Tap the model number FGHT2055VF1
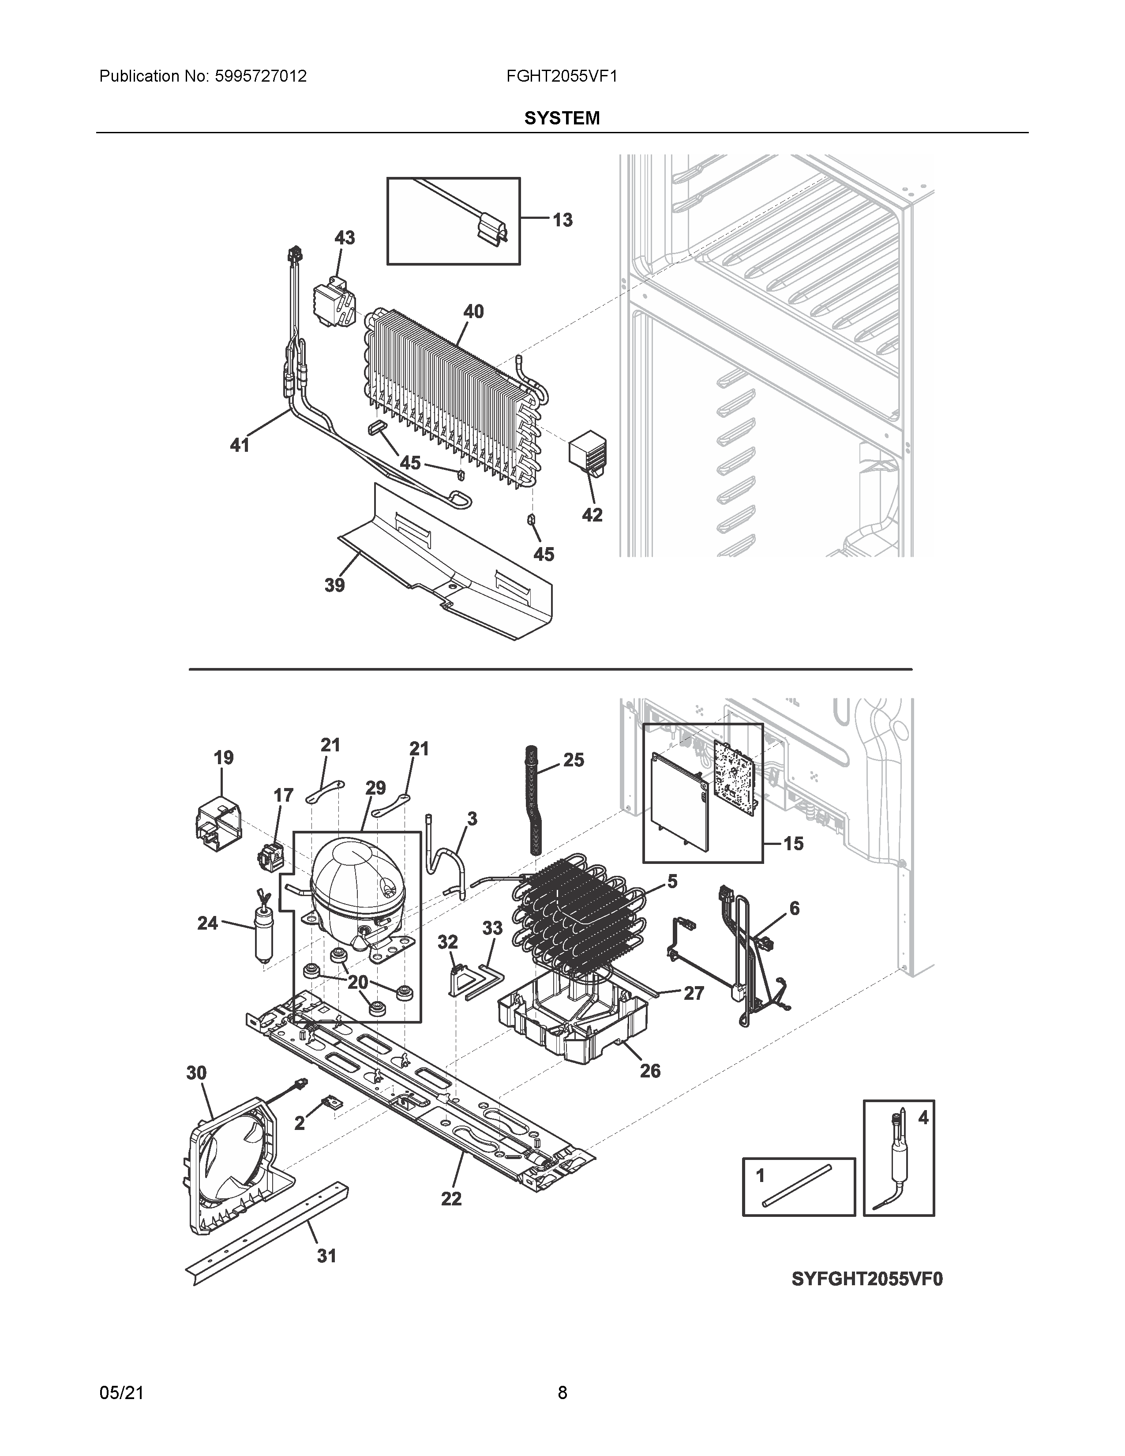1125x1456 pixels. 561,77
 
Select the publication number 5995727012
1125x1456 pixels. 261,77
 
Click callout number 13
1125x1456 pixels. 562,220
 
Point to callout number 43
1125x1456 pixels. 345,237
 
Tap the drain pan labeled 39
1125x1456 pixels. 453,567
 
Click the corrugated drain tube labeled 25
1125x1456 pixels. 534,800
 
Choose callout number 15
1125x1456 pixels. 793,844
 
